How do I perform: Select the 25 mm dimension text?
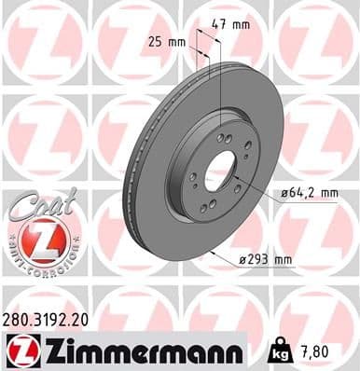point(167,42)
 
